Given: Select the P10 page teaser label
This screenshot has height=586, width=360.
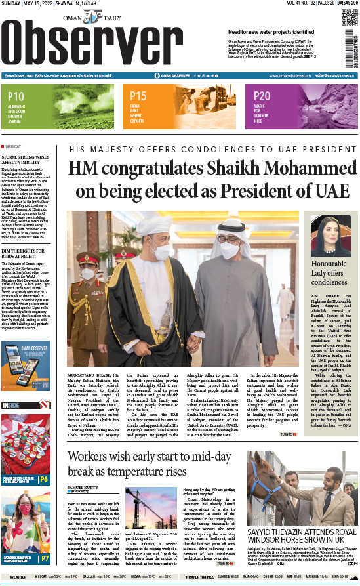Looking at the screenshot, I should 16,96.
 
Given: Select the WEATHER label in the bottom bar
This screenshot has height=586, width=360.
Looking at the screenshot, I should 18,577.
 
